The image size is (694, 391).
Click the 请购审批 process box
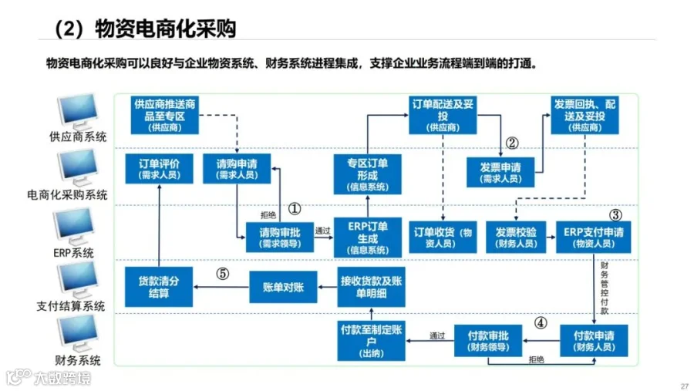click(279, 237)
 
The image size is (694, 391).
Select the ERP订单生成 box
click(367, 237)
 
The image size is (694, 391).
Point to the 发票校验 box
click(516, 237)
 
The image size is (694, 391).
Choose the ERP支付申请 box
click(593, 237)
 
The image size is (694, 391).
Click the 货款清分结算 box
click(159, 287)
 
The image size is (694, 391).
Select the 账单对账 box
click(283, 287)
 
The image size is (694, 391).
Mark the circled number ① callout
click(294, 208)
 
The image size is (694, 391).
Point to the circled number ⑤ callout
click(223, 273)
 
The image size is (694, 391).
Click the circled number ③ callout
click(615, 215)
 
